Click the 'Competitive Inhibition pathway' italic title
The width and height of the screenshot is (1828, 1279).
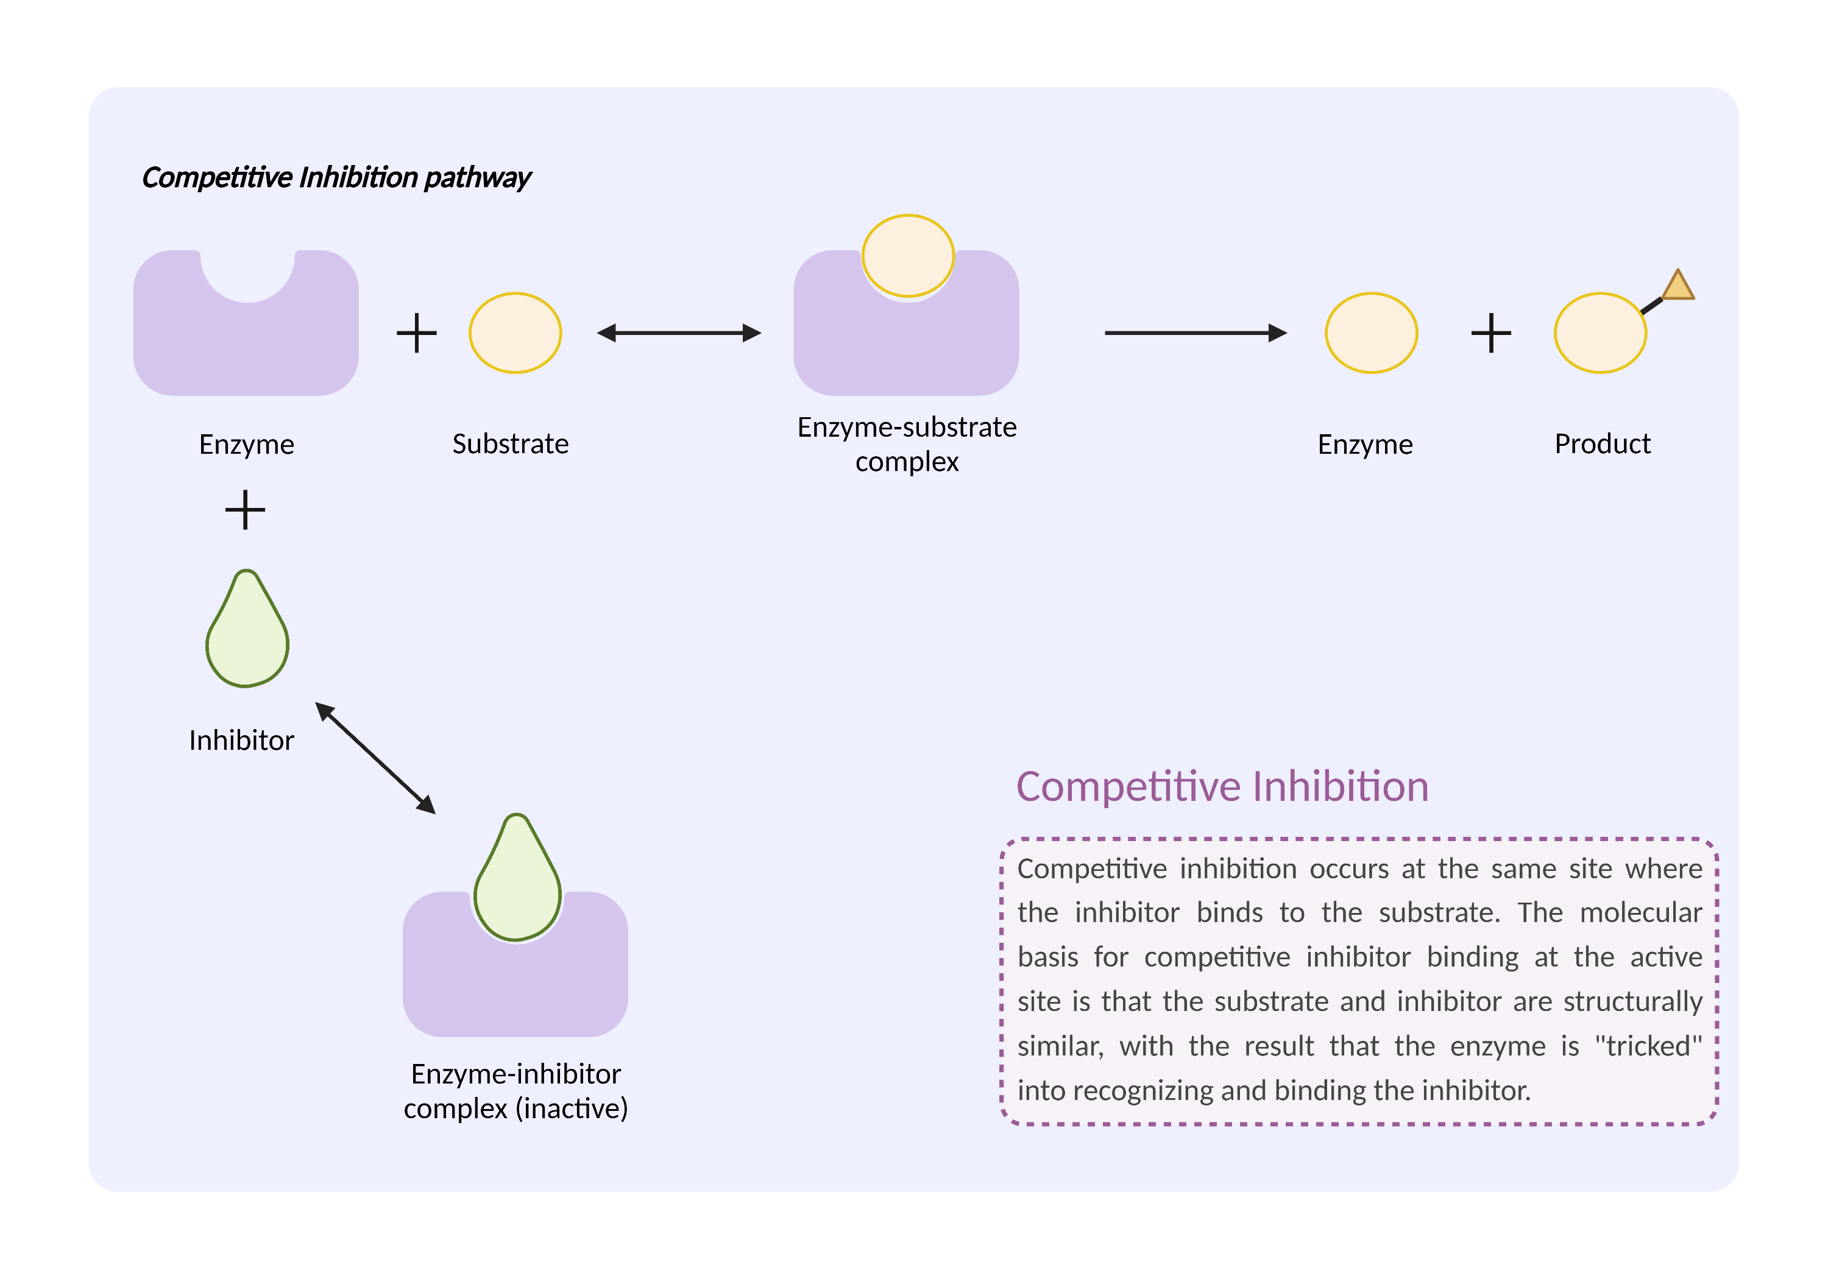click(x=336, y=177)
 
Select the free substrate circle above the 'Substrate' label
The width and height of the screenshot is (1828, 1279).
click(x=515, y=333)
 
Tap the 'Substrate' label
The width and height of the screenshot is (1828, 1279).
click(x=511, y=443)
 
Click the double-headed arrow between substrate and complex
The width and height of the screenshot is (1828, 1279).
click(x=679, y=333)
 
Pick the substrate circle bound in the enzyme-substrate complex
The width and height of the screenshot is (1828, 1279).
click(x=908, y=255)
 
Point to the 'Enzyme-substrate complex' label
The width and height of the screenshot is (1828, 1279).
click(x=907, y=444)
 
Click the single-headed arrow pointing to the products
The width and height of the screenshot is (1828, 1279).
click(x=1194, y=333)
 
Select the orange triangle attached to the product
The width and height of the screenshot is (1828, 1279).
click(x=1677, y=286)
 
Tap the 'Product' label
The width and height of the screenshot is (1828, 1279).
click(x=1602, y=443)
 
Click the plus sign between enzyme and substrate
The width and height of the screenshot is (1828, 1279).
click(x=416, y=333)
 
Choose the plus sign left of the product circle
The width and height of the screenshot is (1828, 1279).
click(x=1490, y=333)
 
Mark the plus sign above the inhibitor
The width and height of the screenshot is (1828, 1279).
click(x=245, y=509)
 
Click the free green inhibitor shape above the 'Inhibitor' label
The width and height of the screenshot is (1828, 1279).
click(x=247, y=633)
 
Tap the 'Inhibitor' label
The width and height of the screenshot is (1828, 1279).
click(x=241, y=740)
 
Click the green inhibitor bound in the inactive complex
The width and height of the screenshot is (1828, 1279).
click(x=517, y=884)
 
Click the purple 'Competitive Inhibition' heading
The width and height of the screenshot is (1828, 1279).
click(x=1222, y=786)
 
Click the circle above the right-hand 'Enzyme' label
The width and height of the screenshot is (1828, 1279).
click(x=1371, y=333)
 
